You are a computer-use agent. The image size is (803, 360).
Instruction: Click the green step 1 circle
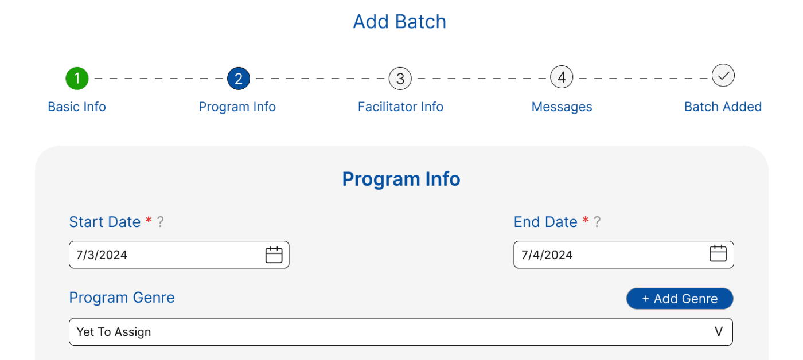click(x=77, y=79)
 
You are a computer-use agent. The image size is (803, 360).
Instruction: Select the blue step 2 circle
click(x=239, y=79)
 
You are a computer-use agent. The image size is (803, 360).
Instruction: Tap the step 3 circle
click(x=400, y=79)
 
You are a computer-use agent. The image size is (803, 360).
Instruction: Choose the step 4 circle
click(x=562, y=77)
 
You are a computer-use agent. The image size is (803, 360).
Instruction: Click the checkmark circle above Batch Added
click(x=723, y=76)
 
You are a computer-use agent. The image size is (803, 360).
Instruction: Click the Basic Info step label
click(x=77, y=107)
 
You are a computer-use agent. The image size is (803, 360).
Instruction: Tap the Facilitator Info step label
click(x=400, y=107)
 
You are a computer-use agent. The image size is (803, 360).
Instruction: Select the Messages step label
click(x=562, y=107)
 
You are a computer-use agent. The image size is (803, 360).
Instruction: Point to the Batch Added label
click(x=723, y=107)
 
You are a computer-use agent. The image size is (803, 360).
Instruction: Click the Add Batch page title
click(x=400, y=22)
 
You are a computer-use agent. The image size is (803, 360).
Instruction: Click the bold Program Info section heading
click(x=401, y=179)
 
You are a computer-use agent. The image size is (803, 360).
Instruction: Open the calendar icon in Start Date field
click(x=274, y=255)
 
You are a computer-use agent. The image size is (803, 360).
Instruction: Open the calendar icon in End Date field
click(x=718, y=253)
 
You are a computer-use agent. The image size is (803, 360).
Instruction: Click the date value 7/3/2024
click(x=102, y=255)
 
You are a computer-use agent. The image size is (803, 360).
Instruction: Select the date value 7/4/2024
click(x=547, y=255)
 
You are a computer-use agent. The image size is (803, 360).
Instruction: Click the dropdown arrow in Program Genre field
click(x=719, y=331)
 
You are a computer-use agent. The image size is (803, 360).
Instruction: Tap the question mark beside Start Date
click(x=161, y=222)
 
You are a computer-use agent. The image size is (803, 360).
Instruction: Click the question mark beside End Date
click(x=597, y=222)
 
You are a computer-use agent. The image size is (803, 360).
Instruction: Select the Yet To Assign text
click(x=114, y=332)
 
